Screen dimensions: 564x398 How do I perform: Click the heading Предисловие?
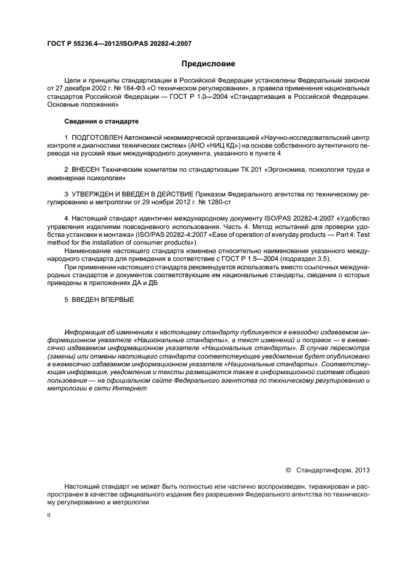click(x=208, y=63)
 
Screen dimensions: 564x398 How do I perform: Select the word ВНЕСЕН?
click(x=86, y=171)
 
